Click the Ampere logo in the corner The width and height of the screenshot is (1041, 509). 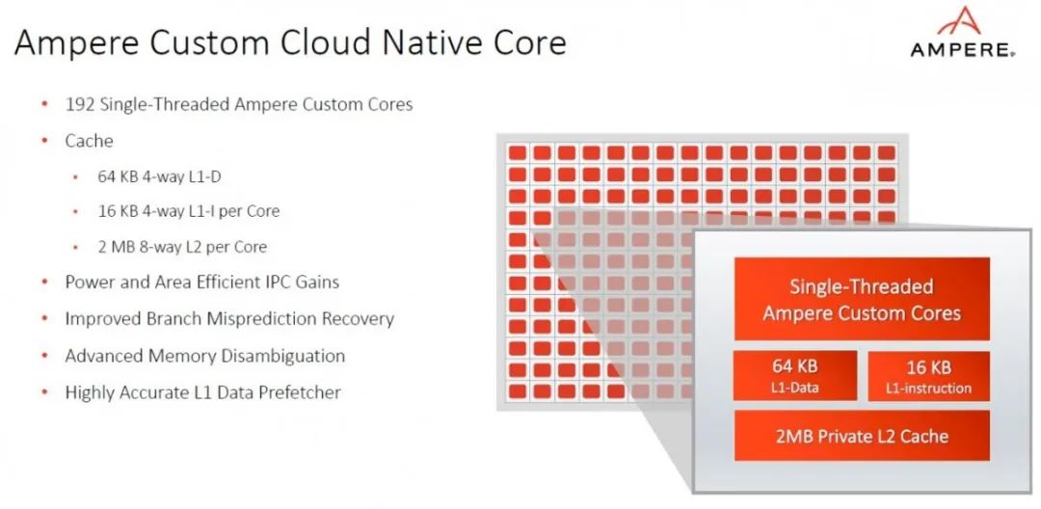[962, 33]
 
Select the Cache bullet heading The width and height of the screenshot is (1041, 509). [89, 141]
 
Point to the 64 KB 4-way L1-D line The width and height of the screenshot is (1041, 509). [159, 176]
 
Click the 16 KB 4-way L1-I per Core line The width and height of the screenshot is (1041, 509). [189, 211]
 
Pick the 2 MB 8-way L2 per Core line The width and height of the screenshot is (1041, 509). [182, 247]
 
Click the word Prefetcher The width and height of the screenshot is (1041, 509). [299, 392]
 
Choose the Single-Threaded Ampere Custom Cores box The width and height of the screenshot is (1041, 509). [862, 299]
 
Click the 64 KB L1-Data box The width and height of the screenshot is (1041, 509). [794, 376]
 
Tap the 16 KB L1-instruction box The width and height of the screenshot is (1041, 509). [929, 376]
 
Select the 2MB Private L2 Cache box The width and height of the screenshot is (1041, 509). [862, 436]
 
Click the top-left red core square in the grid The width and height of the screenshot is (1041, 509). [518, 152]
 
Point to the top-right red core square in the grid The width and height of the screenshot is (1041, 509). [887, 152]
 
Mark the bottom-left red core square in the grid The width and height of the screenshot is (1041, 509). [518, 391]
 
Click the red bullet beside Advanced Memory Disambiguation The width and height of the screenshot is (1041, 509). [45, 356]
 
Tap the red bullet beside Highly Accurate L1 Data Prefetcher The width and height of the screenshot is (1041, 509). [45, 392]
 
